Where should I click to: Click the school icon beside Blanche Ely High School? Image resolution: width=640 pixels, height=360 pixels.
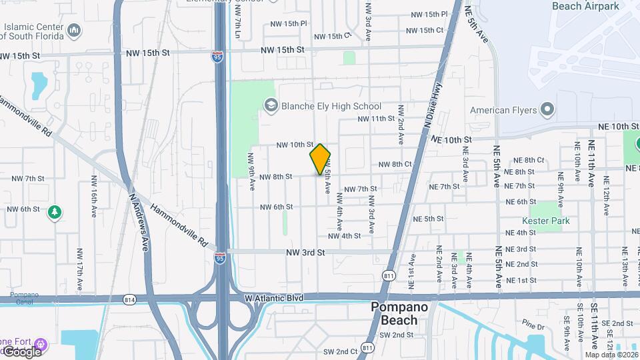coord(271,105)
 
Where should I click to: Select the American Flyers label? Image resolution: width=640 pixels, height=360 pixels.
coord(503,110)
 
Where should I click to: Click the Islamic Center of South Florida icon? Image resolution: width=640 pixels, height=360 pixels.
coord(74,30)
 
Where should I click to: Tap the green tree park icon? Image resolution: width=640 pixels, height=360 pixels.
coord(55,213)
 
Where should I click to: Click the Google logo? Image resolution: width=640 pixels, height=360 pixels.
coord(22,351)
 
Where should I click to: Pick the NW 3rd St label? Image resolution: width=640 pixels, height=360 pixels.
coord(305,253)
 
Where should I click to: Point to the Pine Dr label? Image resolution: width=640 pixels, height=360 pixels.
coord(533,326)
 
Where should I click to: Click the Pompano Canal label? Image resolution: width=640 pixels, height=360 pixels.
coord(24,297)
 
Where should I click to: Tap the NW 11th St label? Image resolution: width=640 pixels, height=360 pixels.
coord(376,119)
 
